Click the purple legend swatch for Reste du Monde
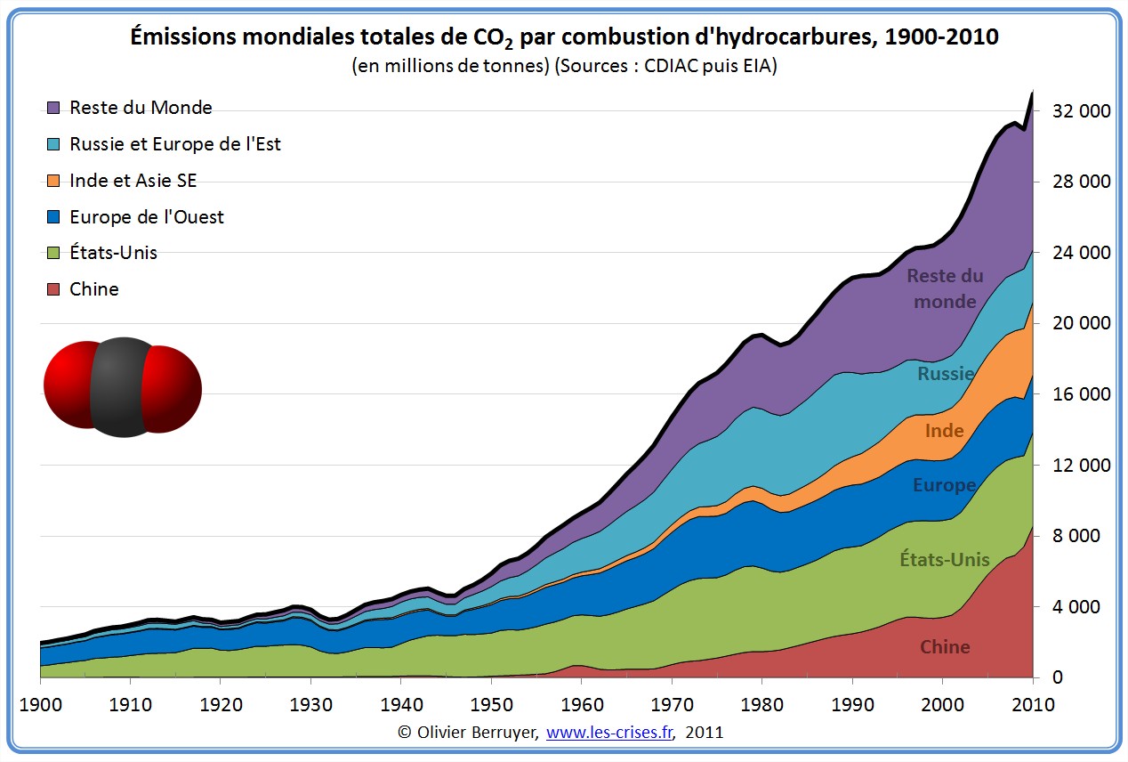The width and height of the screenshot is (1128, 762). [53, 108]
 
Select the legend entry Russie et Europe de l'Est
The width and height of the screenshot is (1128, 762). [175, 144]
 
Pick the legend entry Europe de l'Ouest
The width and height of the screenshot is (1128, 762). [147, 217]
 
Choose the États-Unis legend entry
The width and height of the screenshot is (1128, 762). [113, 253]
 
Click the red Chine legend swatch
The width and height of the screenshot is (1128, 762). [53, 289]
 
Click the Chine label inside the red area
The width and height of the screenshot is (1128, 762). [945, 647]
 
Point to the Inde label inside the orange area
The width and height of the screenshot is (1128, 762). [944, 431]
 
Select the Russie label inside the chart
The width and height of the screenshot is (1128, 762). [945, 374]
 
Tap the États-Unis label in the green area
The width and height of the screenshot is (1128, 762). [944, 560]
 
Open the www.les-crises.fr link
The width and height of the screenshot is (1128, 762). [609, 733]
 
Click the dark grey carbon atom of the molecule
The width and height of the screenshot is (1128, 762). [122, 387]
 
